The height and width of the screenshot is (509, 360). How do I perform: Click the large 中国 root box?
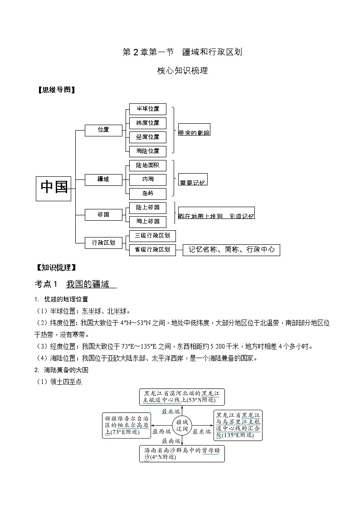pos(54,188)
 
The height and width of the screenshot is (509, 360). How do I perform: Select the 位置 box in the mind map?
pos(103,130)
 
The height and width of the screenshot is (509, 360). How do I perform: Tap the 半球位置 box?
pos(148,109)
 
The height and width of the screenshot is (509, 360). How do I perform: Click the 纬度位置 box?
pos(148,123)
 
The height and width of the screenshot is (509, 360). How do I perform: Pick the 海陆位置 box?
pos(148,151)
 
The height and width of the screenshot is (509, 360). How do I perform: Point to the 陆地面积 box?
pos(148,165)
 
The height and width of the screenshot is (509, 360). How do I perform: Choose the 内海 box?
pos(148,179)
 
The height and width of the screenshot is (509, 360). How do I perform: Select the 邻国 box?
pos(103,214)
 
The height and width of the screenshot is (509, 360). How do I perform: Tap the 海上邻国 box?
pos(148,222)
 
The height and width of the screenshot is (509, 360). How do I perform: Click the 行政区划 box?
pos(103,242)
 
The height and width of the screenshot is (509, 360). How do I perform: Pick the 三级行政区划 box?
pos(152,236)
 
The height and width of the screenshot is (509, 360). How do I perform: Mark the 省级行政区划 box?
pos(152,250)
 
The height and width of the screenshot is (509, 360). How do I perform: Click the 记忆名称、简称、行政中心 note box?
pos(231,250)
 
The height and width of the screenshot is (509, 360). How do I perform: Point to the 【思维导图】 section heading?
pos(55,90)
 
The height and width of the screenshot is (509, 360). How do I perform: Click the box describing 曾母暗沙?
pos(182,454)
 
